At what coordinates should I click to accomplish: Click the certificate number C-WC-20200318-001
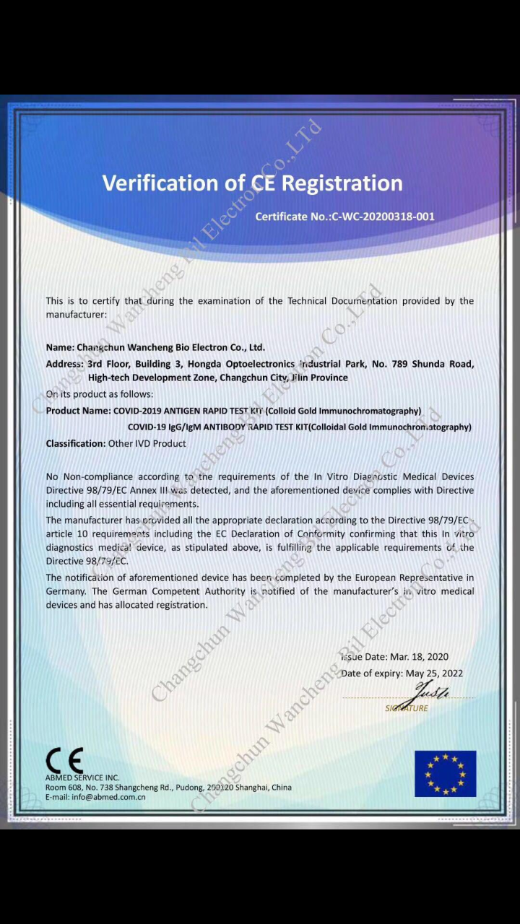pyautogui.click(x=383, y=217)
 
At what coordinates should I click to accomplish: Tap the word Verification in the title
pyautogui.click(x=162, y=183)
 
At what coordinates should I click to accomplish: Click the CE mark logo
pyautogui.click(x=64, y=760)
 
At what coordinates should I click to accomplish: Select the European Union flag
pyautogui.click(x=445, y=774)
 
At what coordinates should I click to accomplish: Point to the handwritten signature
pyautogui.click(x=430, y=694)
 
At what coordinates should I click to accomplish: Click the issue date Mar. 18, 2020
pyautogui.click(x=419, y=657)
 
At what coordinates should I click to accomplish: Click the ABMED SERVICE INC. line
pyautogui.click(x=82, y=777)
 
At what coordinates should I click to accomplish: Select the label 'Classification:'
pyautogui.click(x=76, y=444)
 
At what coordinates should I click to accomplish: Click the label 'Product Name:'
pyautogui.click(x=78, y=411)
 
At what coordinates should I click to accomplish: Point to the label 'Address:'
pyautogui.click(x=65, y=364)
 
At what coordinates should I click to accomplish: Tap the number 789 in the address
pyautogui.click(x=401, y=364)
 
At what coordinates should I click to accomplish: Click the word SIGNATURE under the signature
pyautogui.click(x=407, y=709)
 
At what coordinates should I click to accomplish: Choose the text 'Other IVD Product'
pyautogui.click(x=147, y=444)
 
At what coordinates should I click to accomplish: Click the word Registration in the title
pyautogui.click(x=342, y=183)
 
